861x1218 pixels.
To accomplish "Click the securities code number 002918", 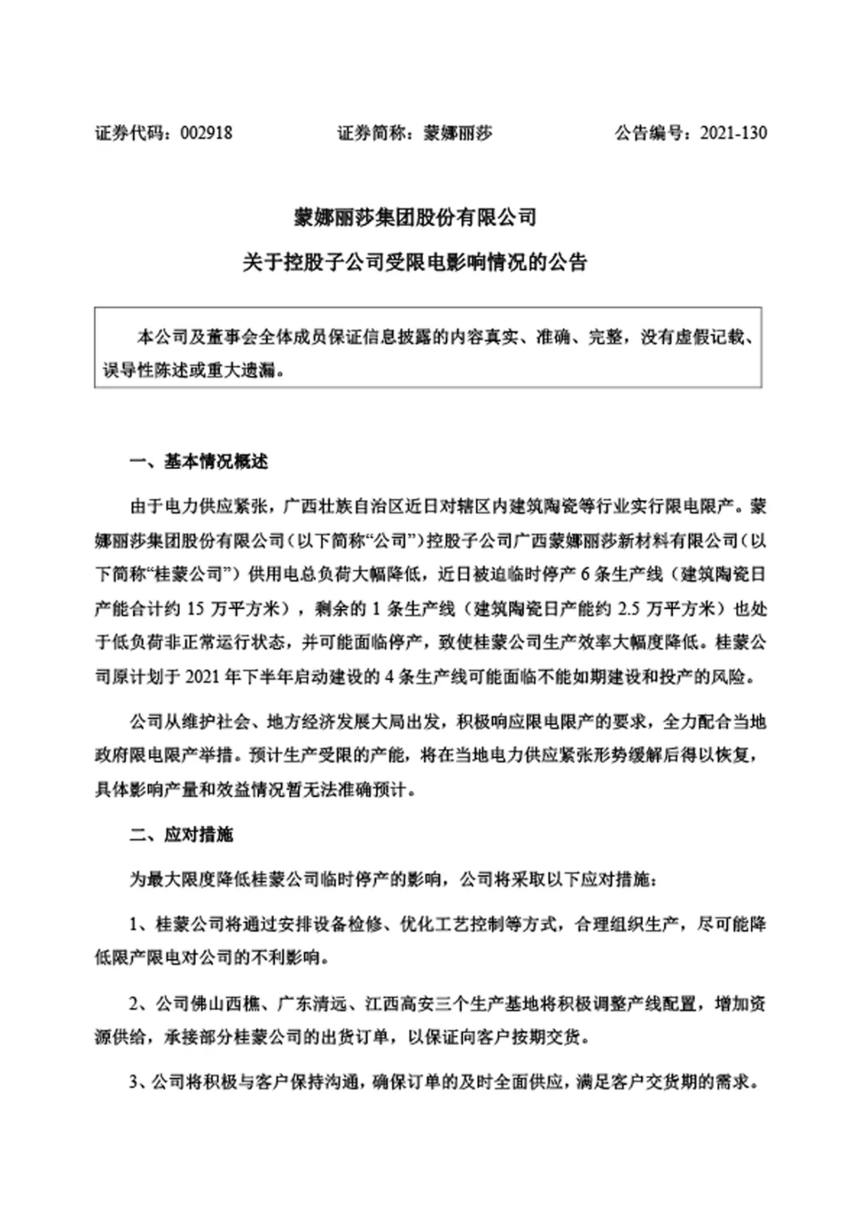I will tap(206, 133).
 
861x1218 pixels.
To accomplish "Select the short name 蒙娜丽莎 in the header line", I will tap(457, 133).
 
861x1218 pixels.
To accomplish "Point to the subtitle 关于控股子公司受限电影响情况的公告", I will tap(415, 261).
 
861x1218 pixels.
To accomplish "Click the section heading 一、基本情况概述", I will tap(199, 462).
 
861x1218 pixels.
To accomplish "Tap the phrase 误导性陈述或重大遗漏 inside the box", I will tap(191, 371).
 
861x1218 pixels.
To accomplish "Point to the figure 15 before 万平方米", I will tap(195, 608).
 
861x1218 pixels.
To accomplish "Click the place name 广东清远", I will tap(311, 1004).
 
